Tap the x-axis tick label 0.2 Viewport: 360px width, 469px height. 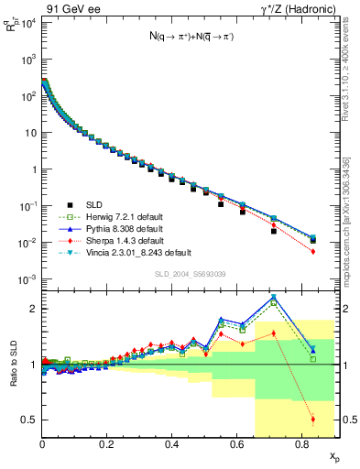[x=107, y=444]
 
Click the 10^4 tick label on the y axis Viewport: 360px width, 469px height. [x=27, y=22]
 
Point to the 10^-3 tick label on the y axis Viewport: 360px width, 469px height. [x=27, y=278]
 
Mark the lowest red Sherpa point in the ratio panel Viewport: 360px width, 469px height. [x=313, y=420]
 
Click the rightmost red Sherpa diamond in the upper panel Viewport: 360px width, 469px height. [x=313, y=251]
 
